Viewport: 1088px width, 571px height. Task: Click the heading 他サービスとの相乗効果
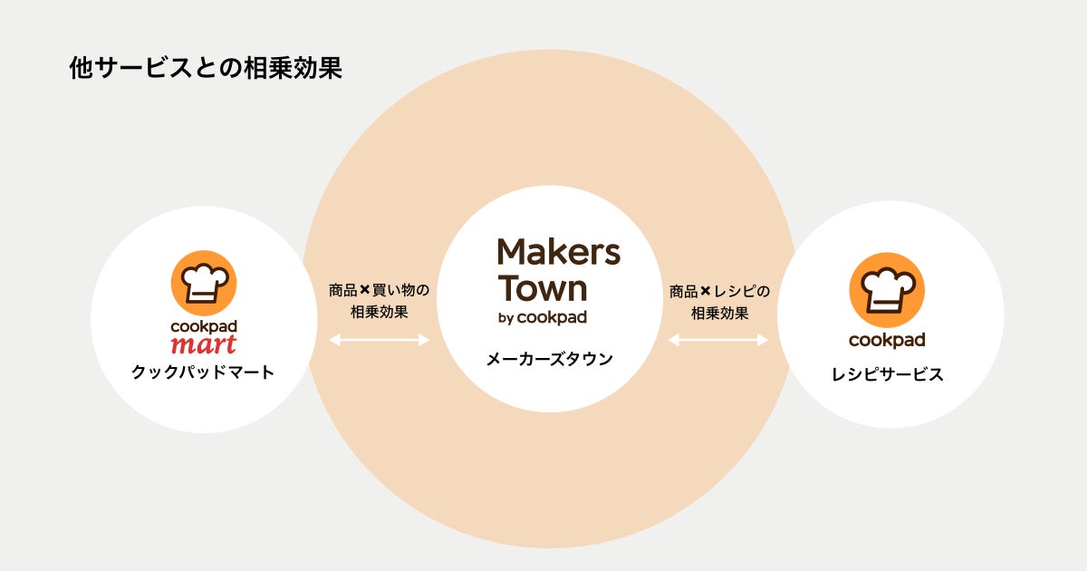[x=205, y=69]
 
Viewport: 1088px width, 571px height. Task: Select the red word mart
[x=203, y=344]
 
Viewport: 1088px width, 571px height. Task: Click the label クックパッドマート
[x=203, y=372]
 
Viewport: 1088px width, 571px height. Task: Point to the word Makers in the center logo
[x=559, y=252]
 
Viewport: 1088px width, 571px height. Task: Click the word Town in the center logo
[x=543, y=288]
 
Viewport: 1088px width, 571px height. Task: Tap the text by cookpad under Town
[x=542, y=317]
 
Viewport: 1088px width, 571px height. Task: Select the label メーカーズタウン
[x=550, y=359]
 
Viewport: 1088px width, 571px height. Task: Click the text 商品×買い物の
[x=379, y=291]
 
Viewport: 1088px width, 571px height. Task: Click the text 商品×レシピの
[x=719, y=291]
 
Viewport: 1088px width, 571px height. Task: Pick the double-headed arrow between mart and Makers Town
[x=379, y=340]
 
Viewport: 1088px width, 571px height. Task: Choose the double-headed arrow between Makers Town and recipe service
[x=718, y=340]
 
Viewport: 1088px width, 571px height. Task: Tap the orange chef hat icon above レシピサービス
[x=887, y=289]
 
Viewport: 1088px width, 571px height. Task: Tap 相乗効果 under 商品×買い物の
[x=379, y=313]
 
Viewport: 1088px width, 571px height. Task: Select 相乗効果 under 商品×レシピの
[x=719, y=313]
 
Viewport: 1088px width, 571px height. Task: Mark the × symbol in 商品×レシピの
[x=706, y=291]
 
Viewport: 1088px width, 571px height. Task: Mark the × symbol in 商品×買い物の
[x=365, y=291]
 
